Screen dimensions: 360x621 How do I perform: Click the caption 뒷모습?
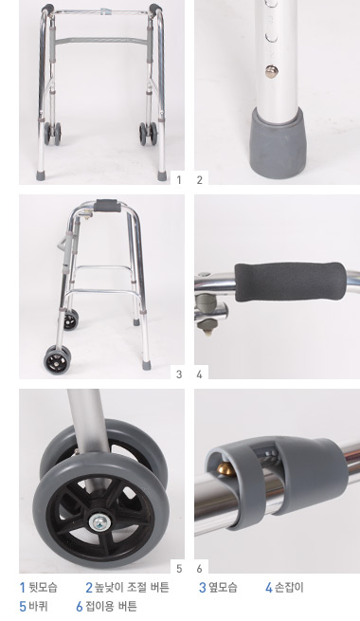click(x=44, y=587)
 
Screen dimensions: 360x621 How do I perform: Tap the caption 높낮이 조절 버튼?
click(x=132, y=587)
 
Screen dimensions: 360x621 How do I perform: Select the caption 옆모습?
click(x=223, y=587)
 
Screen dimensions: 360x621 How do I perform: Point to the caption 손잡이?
click(x=289, y=587)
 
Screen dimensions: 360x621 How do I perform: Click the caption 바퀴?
click(x=39, y=606)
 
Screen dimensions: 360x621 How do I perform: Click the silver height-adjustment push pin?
click(x=271, y=71)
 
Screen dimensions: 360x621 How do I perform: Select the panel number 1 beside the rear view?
click(x=179, y=180)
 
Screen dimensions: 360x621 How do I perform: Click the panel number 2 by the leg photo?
click(x=199, y=180)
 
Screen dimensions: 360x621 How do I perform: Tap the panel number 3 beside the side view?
click(x=179, y=374)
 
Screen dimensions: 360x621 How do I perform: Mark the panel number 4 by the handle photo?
click(x=199, y=374)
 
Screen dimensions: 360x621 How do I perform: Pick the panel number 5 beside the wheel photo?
click(x=179, y=568)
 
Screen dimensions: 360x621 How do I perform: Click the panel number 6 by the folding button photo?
click(x=199, y=568)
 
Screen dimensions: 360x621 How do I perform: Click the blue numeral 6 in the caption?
click(x=80, y=607)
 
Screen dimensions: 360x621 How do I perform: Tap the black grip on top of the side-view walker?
click(x=106, y=206)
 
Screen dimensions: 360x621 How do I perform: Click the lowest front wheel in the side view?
click(x=58, y=359)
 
